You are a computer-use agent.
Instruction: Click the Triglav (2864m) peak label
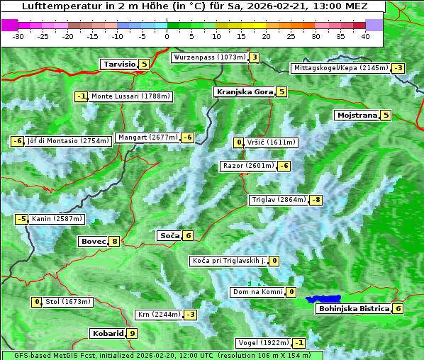279,201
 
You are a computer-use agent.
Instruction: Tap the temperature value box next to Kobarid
132,333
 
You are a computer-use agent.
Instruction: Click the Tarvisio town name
119,64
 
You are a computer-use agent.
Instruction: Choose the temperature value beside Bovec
115,242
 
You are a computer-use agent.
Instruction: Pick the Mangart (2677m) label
147,137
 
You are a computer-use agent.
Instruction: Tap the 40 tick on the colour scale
365,36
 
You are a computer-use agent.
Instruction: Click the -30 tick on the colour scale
18,36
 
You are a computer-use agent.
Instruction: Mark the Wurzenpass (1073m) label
209,57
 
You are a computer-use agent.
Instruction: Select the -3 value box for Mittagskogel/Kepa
399,68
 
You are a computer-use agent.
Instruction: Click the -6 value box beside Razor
284,166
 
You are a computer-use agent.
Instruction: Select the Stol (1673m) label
68,302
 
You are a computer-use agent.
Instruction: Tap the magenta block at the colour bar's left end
10,25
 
